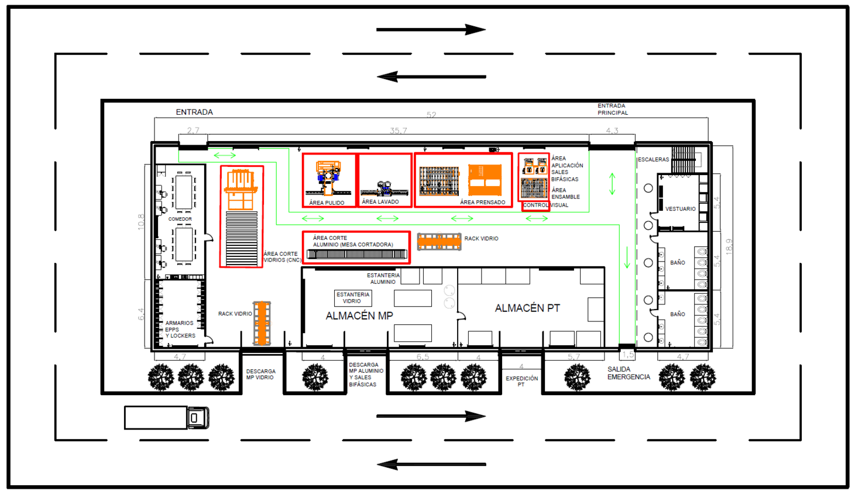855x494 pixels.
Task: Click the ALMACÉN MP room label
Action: pyautogui.click(x=359, y=315)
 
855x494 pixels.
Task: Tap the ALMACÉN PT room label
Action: pyautogui.click(x=527, y=308)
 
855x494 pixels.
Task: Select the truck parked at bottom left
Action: pyautogui.click(x=167, y=417)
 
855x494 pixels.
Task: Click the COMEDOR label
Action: pyautogui.click(x=180, y=219)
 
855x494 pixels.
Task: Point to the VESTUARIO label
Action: pyautogui.click(x=680, y=208)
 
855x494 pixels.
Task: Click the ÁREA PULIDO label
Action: pyautogui.click(x=327, y=203)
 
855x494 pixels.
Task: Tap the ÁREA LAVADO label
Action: pyautogui.click(x=380, y=202)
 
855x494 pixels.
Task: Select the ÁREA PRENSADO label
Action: pyautogui.click(x=482, y=202)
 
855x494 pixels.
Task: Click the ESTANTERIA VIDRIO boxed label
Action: pyautogui.click(x=352, y=298)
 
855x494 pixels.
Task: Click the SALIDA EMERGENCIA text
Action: pyautogui.click(x=628, y=373)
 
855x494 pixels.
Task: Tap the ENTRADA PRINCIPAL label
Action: pyautogui.click(x=612, y=109)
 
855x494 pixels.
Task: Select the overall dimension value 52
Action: pyautogui.click(x=431, y=115)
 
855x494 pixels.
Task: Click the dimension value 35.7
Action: pyautogui.click(x=398, y=131)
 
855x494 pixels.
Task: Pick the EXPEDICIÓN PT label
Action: pyautogui.click(x=521, y=381)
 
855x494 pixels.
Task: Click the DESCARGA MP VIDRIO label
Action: pyautogui.click(x=260, y=374)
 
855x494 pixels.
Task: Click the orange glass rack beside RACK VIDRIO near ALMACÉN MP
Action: pyautogui.click(x=262, y=323)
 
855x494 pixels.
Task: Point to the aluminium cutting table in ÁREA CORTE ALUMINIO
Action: pyautogui.click(x=356, y=254)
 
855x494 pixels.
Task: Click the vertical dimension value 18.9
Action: pyautogui.click(x=729, y=246)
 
